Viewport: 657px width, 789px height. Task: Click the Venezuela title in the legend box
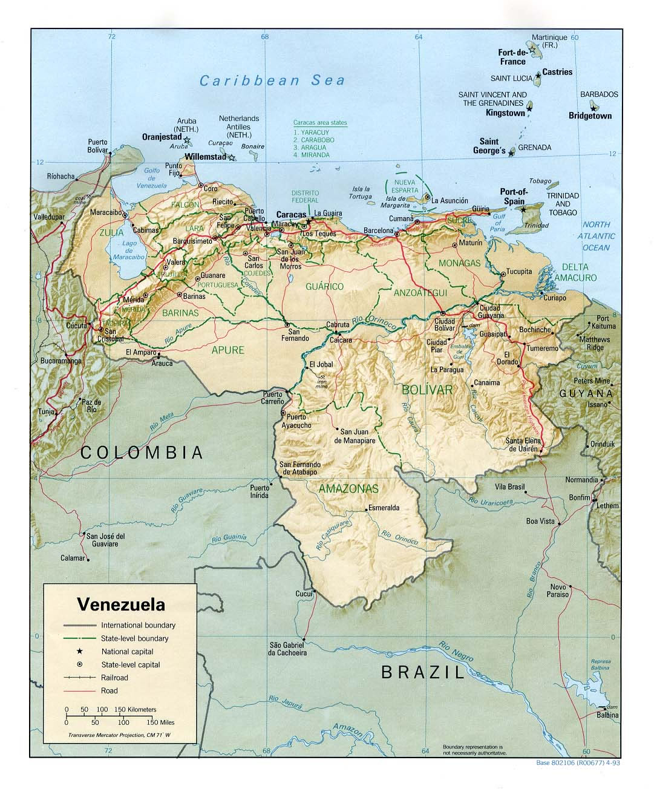121,604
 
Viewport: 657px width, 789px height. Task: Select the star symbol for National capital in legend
79,652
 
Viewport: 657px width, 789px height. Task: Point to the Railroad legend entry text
114,678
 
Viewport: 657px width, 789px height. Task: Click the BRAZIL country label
422,672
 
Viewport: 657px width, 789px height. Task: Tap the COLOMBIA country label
142,452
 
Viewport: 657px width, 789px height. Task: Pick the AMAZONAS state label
348,488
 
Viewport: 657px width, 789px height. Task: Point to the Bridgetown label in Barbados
590,116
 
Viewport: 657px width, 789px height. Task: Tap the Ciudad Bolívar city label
443,324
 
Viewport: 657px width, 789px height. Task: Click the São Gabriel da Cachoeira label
288,649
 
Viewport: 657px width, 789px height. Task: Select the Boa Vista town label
540,521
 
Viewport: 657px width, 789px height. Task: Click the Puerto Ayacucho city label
299,421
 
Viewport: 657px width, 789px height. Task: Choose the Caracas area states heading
321,122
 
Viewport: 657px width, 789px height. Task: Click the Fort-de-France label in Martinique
512,57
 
